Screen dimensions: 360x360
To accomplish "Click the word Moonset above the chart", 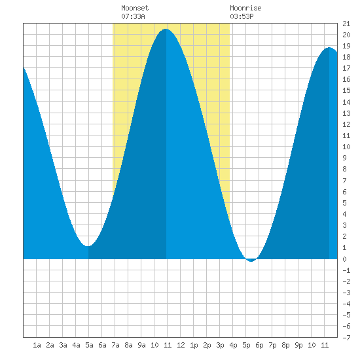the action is click(x=135, y=8).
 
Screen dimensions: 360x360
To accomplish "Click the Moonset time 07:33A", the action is click(x=133, y=16).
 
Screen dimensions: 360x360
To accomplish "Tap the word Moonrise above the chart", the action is click(x=245, y=8).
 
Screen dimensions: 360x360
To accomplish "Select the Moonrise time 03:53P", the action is click(x=242, y=16).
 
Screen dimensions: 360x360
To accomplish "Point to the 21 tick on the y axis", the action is click(x=346, y=24).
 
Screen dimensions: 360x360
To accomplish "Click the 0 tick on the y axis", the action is click(x=344, y=259).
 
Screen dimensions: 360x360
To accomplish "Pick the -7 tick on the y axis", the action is click(x=346, y=338).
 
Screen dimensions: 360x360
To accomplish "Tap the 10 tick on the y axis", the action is click(x=346, y=147).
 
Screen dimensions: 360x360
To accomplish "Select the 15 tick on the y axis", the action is click(x=346, y=91).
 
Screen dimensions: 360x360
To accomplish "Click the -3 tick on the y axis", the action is click(x=346, y=293).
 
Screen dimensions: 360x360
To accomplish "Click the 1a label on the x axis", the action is click(x=37, y=345).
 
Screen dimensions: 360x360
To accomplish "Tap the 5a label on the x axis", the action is click(x=89, y=345).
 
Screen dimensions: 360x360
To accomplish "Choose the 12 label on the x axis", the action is click(x=181, y=345).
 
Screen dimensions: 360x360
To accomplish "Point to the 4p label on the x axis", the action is click(x=233, y=345).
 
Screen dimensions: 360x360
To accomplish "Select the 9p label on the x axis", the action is click(x=298, y=345).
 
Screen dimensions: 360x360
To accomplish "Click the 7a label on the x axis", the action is click(x=115, y=345).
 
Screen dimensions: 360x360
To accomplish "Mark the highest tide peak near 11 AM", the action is click(x=166, y=29).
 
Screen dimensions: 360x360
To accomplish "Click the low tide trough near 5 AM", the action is click(x=88, y=246).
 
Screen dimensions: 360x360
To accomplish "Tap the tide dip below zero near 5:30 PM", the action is click(x=251, y=261).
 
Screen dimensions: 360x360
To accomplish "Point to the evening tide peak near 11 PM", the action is click(x=329, y=48).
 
